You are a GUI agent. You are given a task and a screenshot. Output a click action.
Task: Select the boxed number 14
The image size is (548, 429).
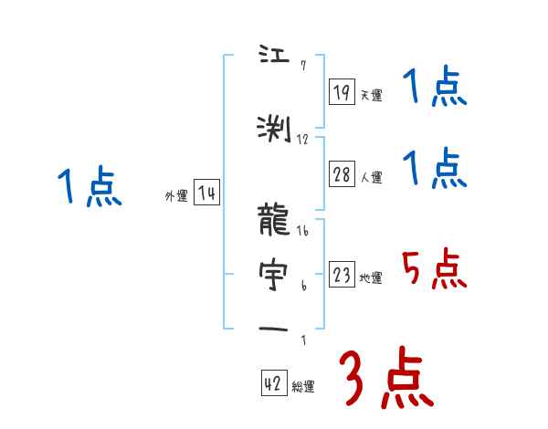click(x=206, y=193)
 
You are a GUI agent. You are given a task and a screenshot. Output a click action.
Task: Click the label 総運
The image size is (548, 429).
click(x=303, y=386)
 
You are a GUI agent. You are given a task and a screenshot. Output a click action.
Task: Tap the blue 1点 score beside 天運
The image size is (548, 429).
click(x=434, y=89)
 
